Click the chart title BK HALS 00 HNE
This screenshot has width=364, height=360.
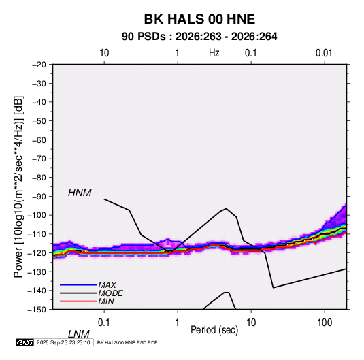coord(199,19)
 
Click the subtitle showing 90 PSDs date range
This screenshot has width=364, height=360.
coord(199,37)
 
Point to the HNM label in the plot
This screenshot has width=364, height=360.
coord(80,193)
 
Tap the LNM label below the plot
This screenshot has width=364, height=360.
coord(78,334)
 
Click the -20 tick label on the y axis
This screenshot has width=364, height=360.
coord(39,65)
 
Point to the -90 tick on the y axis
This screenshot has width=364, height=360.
coord(39,197)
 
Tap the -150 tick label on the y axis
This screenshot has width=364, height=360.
coord(37,310)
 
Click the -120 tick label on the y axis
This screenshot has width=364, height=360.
coord(37,253)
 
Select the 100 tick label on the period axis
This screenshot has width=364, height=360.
coord(325,323)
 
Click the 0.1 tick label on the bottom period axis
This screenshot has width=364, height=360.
coord(104,323)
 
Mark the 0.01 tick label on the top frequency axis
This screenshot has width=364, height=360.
coord(324,53)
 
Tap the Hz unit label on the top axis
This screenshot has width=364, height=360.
coord(214,53)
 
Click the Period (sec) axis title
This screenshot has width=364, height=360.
coord(214,330)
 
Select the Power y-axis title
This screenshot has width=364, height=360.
coord(18,187)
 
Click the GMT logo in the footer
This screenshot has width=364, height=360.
coord(24,342)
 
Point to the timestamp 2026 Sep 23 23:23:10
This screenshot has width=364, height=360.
coord(63,342)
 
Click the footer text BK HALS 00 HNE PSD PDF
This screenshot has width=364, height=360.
coord(127,342)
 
